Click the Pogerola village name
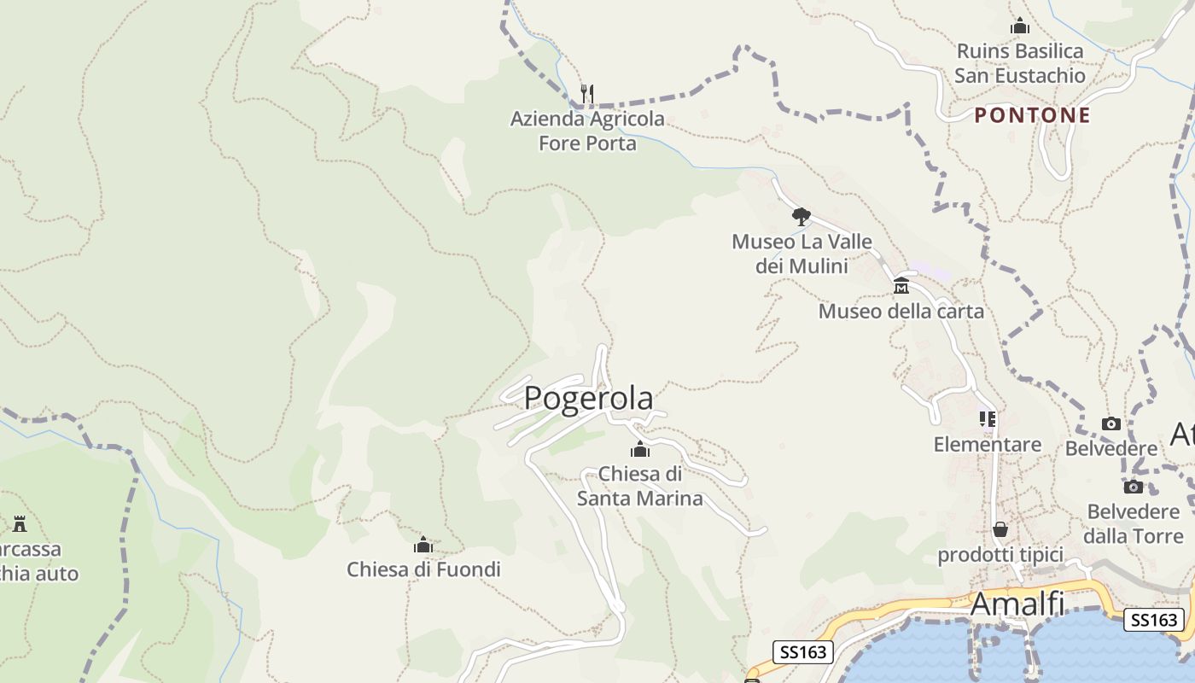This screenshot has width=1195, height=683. (588, 398)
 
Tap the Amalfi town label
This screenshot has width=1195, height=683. (1017, 604)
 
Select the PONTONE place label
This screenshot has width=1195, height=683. (1033, 115)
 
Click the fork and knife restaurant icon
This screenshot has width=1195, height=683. (587, 93)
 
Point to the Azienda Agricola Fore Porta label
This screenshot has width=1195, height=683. (587, 131)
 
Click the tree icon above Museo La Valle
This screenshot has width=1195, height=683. (801, 216)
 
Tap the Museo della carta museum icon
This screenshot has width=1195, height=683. (901, 285)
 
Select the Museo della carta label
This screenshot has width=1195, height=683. (901, 311)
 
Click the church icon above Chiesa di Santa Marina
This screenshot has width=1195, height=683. (639, 449)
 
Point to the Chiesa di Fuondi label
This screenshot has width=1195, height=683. (423, 569)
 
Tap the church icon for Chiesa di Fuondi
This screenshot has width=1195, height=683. (423, 544)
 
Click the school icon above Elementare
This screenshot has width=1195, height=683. (988, 419)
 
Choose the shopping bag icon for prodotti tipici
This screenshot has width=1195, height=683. (1000, 529)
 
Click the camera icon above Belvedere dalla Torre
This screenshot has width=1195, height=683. (1133, 487)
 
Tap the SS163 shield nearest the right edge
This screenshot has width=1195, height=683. (1152, 620)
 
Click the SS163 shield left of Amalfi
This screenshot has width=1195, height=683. (803, 652)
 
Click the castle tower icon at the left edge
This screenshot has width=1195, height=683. (19, 523)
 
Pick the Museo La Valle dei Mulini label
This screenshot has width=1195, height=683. (802, 254)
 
